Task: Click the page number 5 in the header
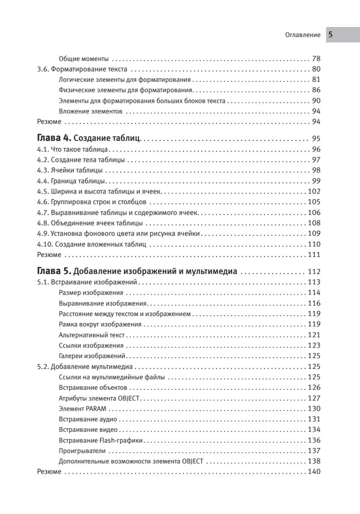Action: click(330, 35)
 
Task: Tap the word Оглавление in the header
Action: click(303, 36)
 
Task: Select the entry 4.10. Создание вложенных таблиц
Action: click(92, 245)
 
